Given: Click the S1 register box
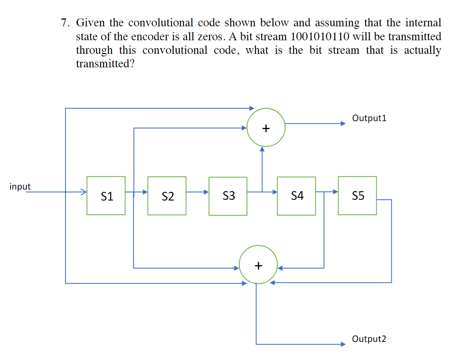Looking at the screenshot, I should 106,196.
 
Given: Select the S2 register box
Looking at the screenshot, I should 167,196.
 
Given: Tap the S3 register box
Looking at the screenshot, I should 228,196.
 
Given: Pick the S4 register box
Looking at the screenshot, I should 296,196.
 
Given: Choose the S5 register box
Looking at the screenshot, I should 357,196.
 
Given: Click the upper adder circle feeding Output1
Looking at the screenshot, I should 266,128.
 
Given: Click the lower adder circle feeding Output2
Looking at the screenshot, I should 258,264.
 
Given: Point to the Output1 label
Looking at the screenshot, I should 369,118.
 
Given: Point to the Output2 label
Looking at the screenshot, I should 369,339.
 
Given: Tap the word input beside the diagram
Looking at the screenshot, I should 20,187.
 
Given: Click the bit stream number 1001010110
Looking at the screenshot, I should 320,36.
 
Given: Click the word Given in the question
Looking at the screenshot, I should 90,23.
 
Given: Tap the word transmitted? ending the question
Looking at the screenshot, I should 105,64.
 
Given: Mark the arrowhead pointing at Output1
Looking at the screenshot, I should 343,123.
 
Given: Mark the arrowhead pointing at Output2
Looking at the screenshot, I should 343,344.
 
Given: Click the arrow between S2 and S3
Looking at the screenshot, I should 197,192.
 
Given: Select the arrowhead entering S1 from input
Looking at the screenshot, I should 84,192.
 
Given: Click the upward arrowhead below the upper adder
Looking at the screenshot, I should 262,149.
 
